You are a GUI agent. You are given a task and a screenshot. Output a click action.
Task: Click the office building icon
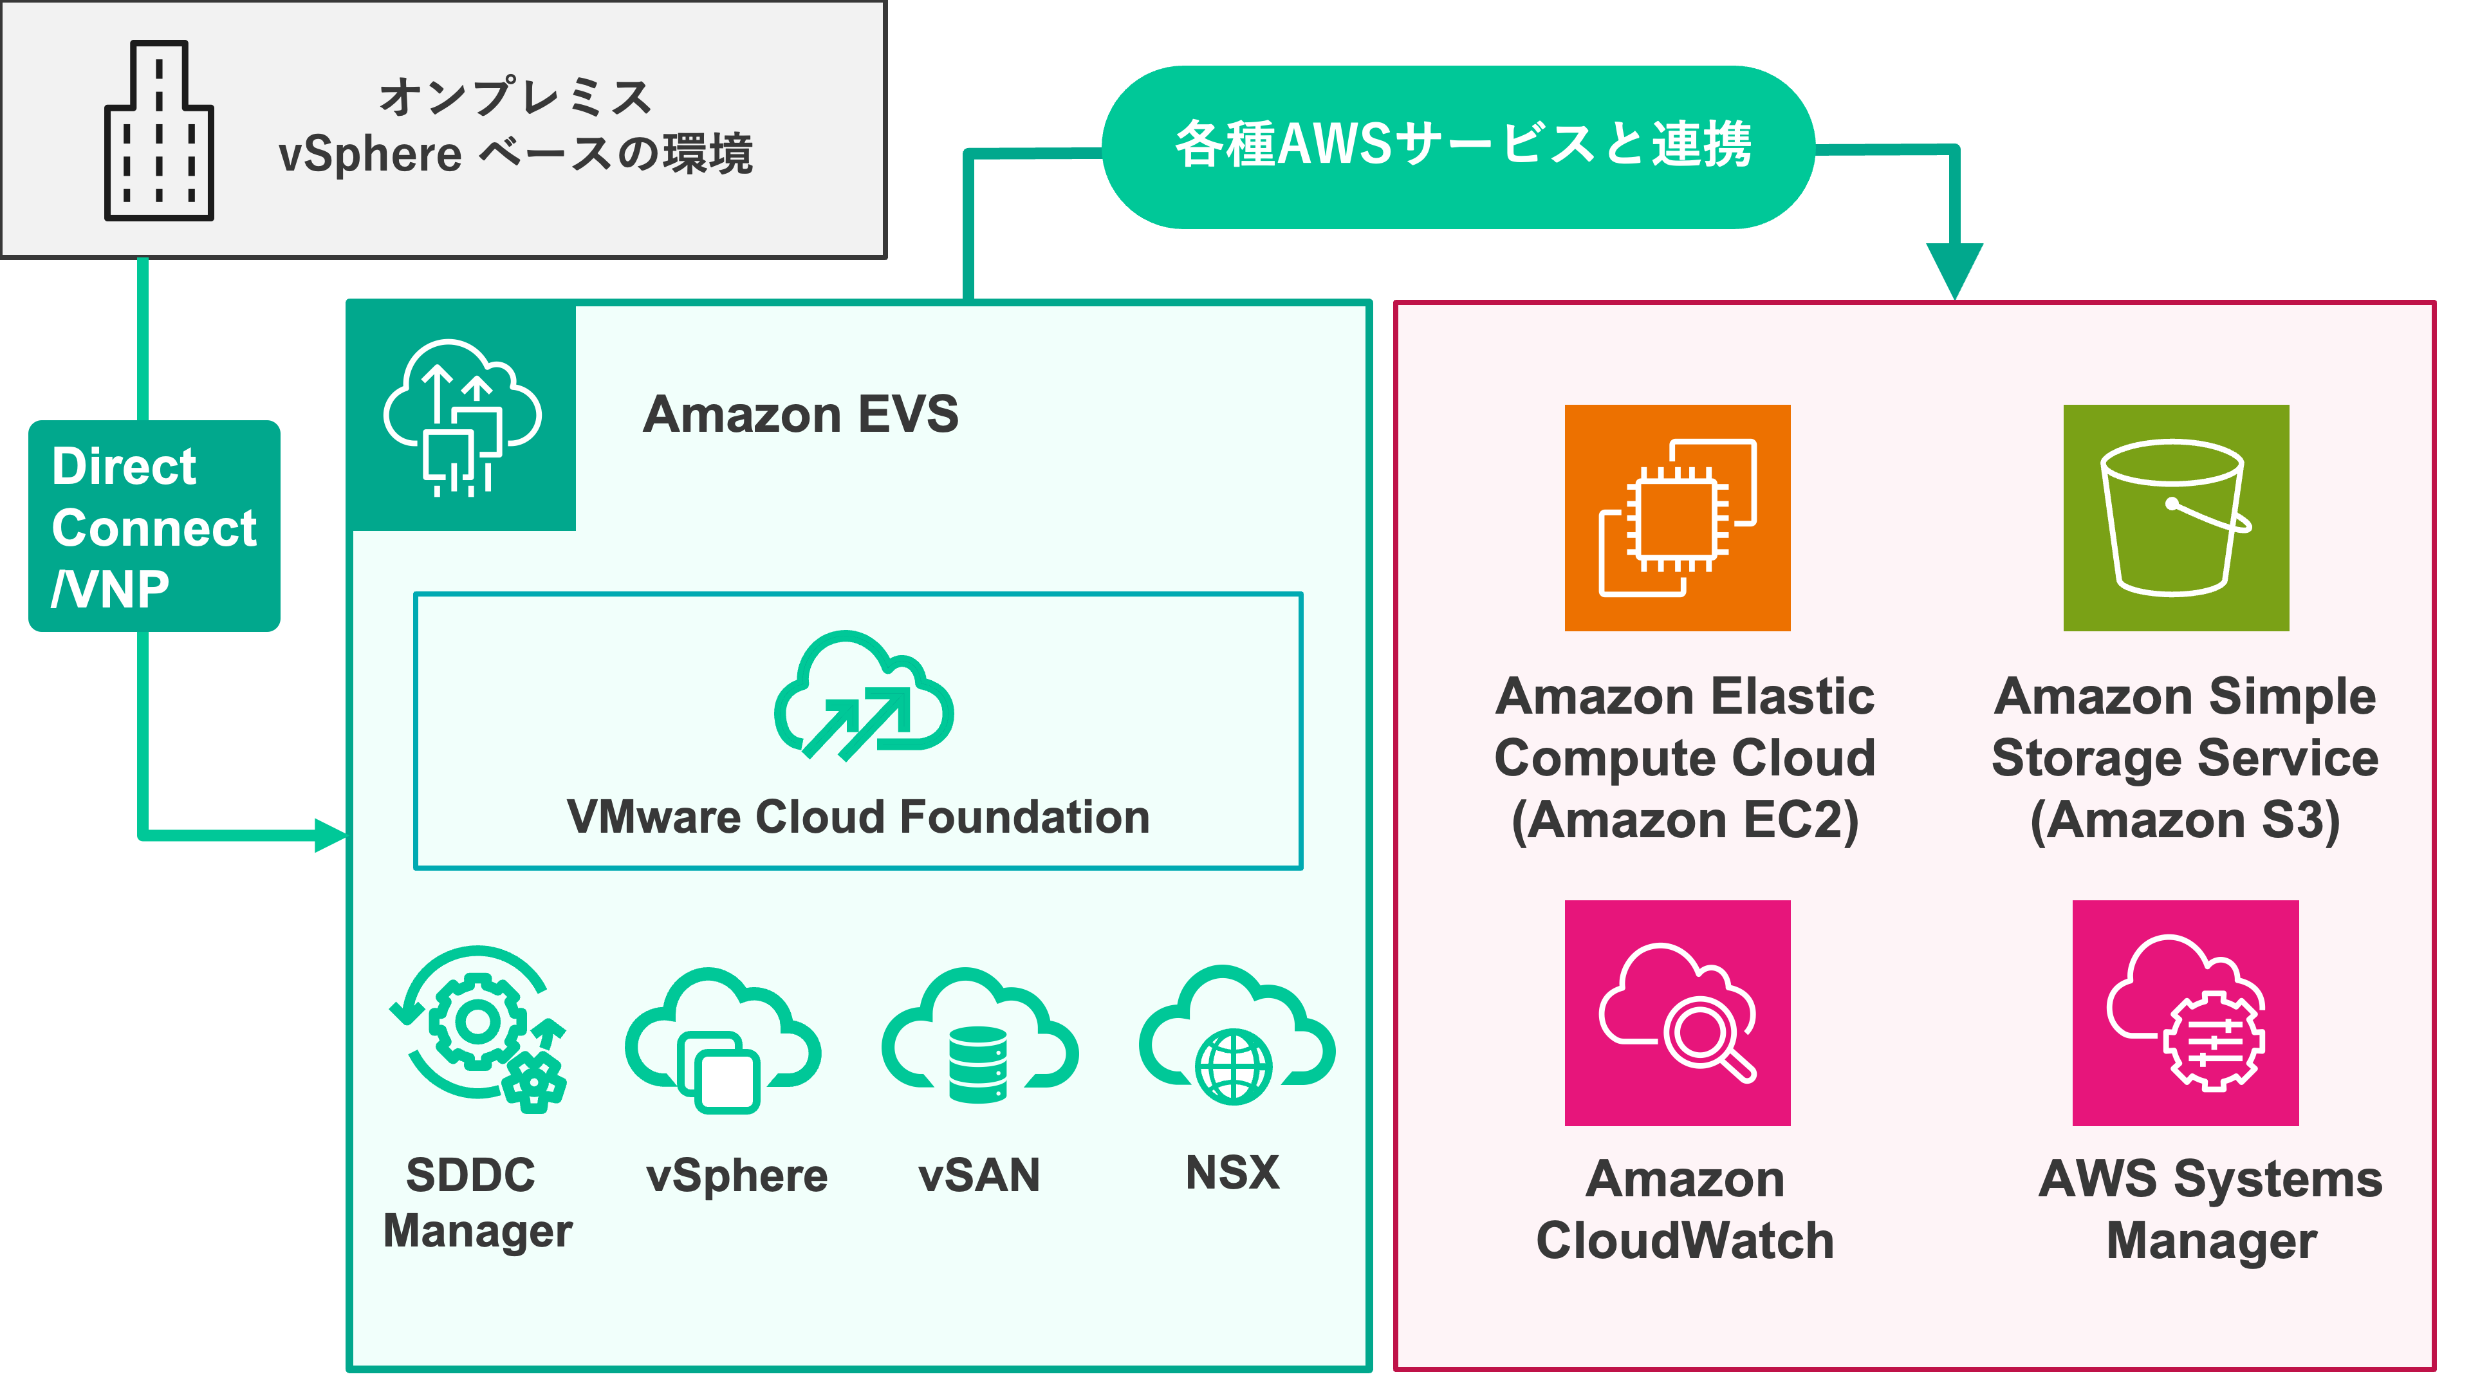(x=158, y=131)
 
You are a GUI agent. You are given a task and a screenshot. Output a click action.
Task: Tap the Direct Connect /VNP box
(x=154, y=526)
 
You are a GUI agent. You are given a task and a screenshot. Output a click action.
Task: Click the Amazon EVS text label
(x=800, y=414)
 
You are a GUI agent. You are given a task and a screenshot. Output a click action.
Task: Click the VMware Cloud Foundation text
(x=858, y=817)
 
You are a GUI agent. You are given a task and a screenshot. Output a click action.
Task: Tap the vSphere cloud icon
(x=723, y=1040)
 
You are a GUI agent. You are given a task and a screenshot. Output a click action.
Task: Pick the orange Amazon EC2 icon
(x=1677, y=518)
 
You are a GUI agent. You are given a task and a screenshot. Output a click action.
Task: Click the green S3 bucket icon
(x=2176, y=518)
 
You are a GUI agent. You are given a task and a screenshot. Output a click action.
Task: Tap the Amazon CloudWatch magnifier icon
(x=1677, y=1013)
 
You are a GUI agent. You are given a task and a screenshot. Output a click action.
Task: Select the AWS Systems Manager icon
(x=2185, y=1013)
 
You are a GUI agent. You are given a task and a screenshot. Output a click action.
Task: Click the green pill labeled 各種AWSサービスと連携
(x=1458, y=146)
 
